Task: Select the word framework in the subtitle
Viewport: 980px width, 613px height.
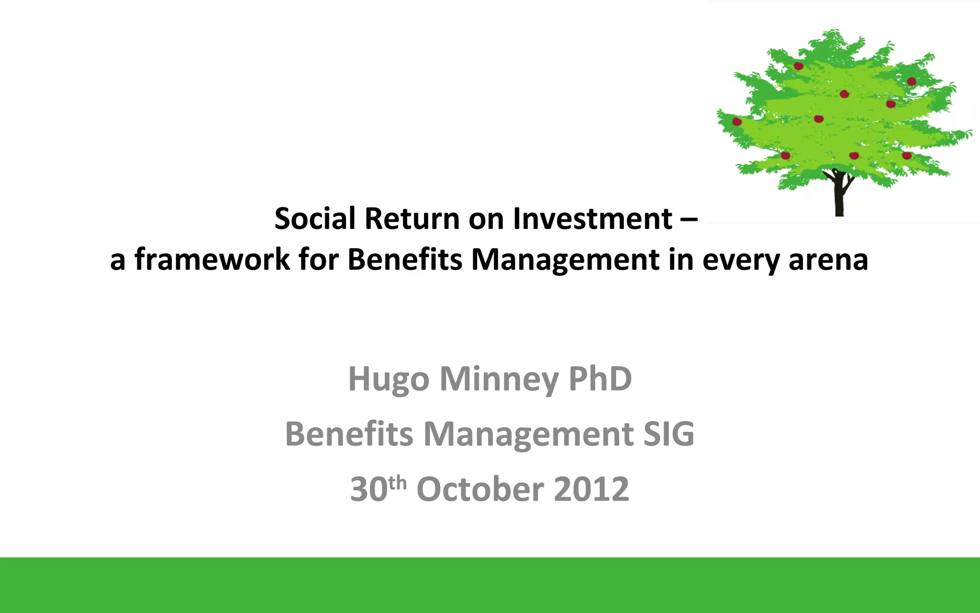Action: (212, 260)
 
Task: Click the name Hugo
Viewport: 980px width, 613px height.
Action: (389, 379)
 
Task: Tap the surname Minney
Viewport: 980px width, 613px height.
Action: (499, 379)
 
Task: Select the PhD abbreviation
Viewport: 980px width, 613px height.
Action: (600, 378)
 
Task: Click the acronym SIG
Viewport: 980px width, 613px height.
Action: (668, 434)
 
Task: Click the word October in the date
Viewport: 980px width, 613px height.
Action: (480, 489)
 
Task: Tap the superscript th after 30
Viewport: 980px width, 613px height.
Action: (398, 483)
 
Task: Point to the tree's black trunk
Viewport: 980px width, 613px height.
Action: (839, 196)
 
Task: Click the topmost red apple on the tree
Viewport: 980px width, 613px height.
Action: (798, 66)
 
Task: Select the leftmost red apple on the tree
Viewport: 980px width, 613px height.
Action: (737, 122)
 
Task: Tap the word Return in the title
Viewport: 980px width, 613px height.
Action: (412, 219)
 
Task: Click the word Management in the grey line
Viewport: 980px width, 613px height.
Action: (528, 434)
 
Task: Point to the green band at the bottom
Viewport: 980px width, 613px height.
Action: (490, 585)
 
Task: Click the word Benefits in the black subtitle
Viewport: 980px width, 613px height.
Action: (405, 260)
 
